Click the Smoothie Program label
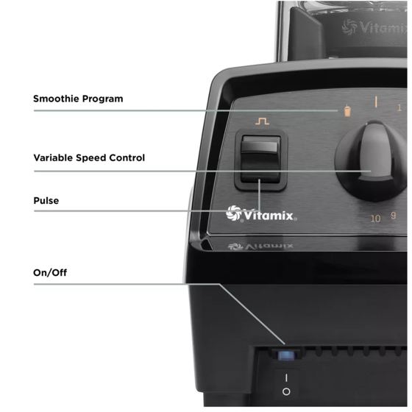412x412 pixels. (x=78, y=99)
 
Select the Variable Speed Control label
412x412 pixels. (x=89, y=157)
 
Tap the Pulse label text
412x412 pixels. (x=46, y=200)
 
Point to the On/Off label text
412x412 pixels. (x=50, y=272)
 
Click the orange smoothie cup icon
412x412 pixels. (x=347, y=110)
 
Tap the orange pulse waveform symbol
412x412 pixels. (x=262, y=121)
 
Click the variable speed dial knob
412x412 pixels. (x=373, y=160)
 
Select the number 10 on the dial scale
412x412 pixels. (x=375, y=219)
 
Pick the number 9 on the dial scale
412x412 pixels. (x=393, y=216)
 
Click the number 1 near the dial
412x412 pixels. (x=399, y=107)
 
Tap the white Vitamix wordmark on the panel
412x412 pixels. (x=269, y=216)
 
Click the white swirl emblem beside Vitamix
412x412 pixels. (x=234, y=213)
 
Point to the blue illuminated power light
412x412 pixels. (x=286, y=355)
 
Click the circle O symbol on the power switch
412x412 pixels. (x=286, y=391)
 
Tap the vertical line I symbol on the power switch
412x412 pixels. (x=286, y=378)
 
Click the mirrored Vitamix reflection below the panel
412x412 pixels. (x=260, y=246)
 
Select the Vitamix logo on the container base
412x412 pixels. (x=374, y=27)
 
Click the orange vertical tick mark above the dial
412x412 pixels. (x=376, y=102)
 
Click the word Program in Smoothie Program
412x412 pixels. (x=102, y=99)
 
